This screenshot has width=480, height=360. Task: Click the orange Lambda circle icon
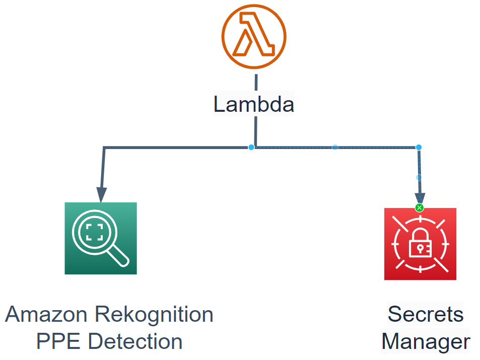[254, 36]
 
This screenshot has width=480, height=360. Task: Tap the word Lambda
[254, 105]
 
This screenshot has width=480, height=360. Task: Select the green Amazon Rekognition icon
[101, 238]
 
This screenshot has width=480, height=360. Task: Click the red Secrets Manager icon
[420, 244]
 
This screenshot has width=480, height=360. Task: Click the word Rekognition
[154, 315]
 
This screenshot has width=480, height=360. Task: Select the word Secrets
[426, 315]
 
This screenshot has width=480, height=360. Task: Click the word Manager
[426, 341]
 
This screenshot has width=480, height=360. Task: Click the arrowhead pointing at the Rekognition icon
[102, 194]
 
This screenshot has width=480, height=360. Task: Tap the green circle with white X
[420, 208]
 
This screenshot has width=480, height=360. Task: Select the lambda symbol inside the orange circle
[254, 35]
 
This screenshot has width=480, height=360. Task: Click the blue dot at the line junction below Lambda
[251, 147]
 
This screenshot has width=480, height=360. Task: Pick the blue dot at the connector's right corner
[419, 147]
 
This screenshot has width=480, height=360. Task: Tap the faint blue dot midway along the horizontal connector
[335, 147]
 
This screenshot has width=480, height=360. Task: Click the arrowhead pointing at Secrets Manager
[420, 197]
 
